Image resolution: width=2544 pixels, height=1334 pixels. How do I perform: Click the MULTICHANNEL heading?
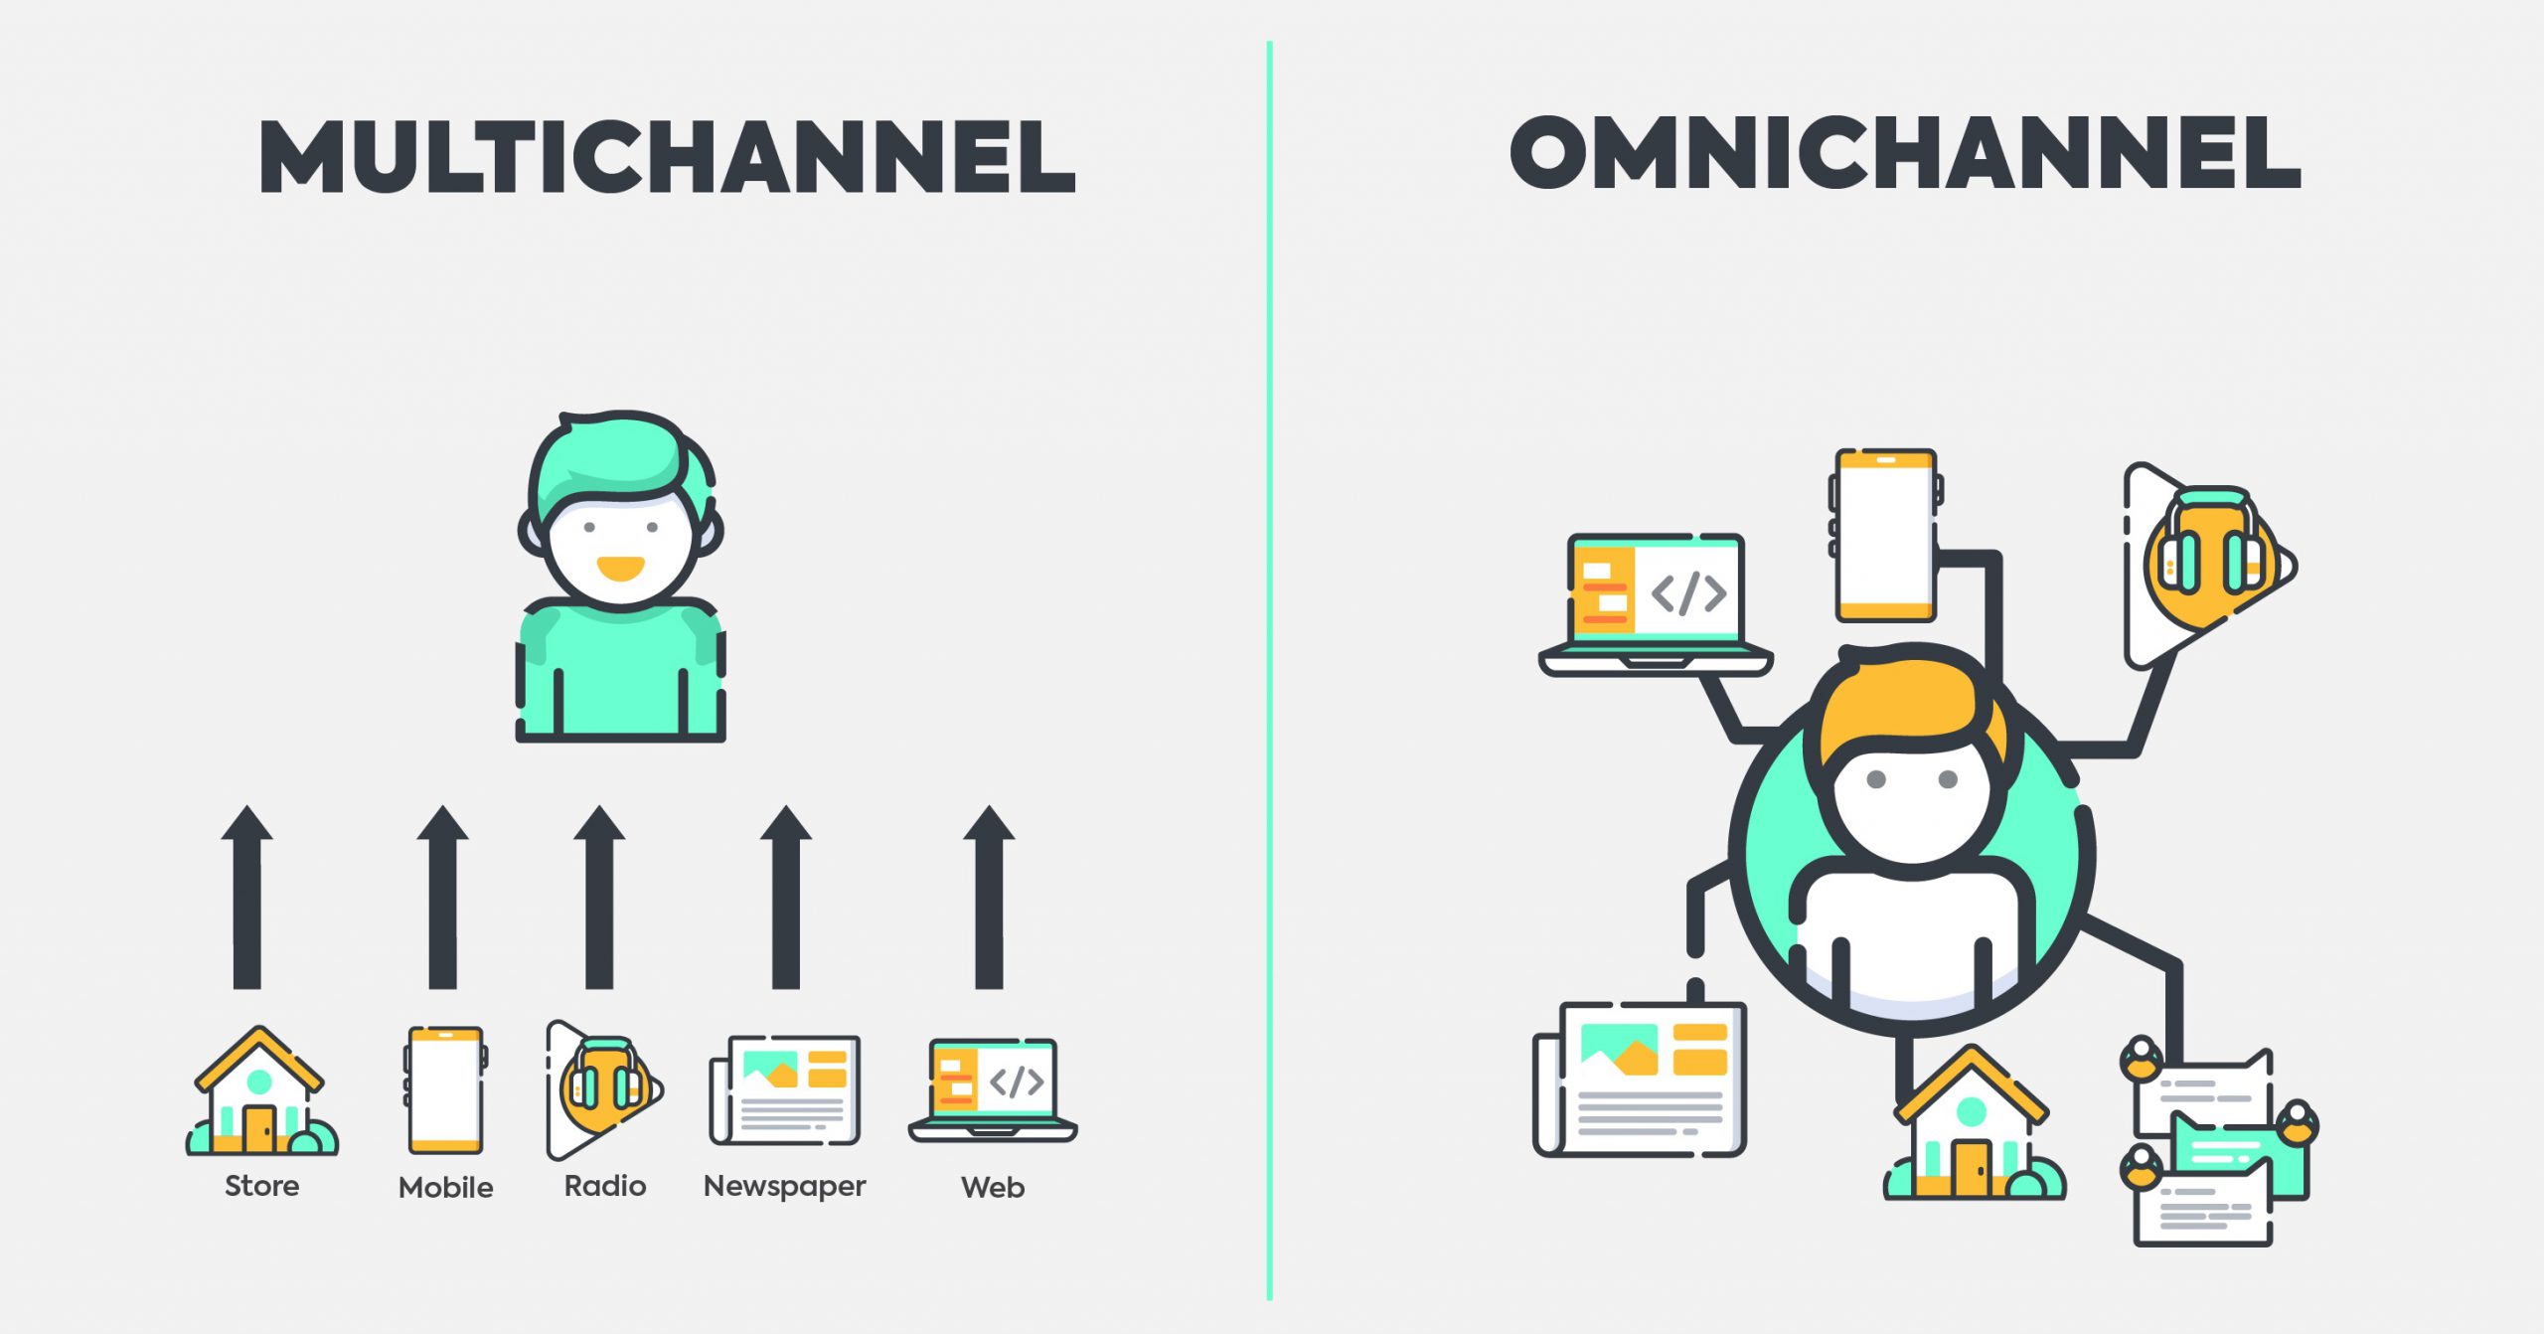667,156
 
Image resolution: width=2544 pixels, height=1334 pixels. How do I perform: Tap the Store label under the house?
261,1186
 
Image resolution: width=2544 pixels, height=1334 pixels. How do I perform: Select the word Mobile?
445,1187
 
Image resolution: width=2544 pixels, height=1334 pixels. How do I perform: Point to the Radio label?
605,1186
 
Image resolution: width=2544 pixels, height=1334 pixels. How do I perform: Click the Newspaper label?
785,1187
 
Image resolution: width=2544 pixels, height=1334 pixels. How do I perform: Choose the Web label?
993,1187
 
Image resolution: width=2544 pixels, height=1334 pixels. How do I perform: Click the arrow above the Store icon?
246,897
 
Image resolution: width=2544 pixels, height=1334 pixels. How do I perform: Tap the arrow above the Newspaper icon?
786,897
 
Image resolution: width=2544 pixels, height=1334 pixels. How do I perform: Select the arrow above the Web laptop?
989,897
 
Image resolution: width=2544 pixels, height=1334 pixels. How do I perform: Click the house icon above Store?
261,1091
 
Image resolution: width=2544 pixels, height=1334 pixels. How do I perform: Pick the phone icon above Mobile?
445,1090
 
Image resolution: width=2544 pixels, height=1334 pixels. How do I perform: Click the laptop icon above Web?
993,1090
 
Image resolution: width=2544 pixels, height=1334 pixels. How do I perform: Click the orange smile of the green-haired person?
620,569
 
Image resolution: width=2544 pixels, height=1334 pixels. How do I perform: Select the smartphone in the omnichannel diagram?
1885,536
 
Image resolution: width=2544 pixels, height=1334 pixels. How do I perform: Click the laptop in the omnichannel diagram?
1656,605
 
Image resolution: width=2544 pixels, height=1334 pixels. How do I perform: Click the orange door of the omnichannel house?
1971,1167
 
